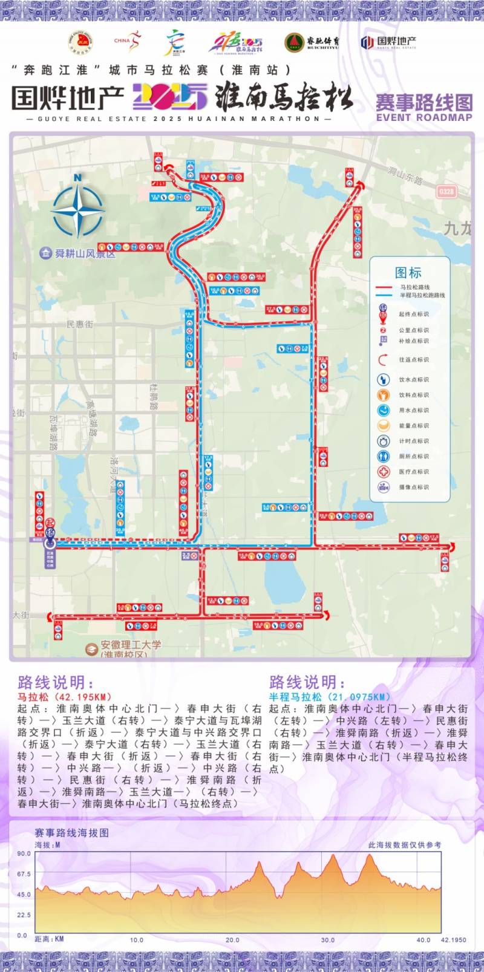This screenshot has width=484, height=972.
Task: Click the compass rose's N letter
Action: (77, 177)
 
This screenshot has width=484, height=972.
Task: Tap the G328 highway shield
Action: (446, 191)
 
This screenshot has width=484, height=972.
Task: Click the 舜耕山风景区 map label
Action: (85, 254)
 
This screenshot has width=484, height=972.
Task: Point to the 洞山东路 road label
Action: (405, 175)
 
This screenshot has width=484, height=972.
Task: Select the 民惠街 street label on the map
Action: (80, 324)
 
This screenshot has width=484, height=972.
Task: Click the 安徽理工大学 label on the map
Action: (123, 645)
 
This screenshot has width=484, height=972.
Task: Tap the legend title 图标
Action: (408, 272)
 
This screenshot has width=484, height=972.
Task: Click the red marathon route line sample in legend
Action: (385, 287)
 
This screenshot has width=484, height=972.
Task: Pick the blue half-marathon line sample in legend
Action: (385, 295)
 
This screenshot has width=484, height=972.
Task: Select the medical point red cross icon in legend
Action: (384, 471)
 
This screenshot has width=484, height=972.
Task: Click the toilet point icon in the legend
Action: (384, 456)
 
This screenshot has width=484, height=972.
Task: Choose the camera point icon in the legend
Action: (384, 487)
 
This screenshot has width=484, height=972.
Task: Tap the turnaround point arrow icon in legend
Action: (383, 360)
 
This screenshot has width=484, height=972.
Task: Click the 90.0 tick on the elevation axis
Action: (24, 853)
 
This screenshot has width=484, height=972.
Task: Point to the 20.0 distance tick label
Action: (232, 939)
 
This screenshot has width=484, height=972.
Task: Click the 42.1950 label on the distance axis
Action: (453, 939)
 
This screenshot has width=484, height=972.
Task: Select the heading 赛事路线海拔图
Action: (72, 833)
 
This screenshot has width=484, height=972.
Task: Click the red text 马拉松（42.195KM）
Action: (65, 697)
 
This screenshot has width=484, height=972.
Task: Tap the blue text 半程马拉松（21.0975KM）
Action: (330, 697)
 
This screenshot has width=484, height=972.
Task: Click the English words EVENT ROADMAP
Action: (423, 118)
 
